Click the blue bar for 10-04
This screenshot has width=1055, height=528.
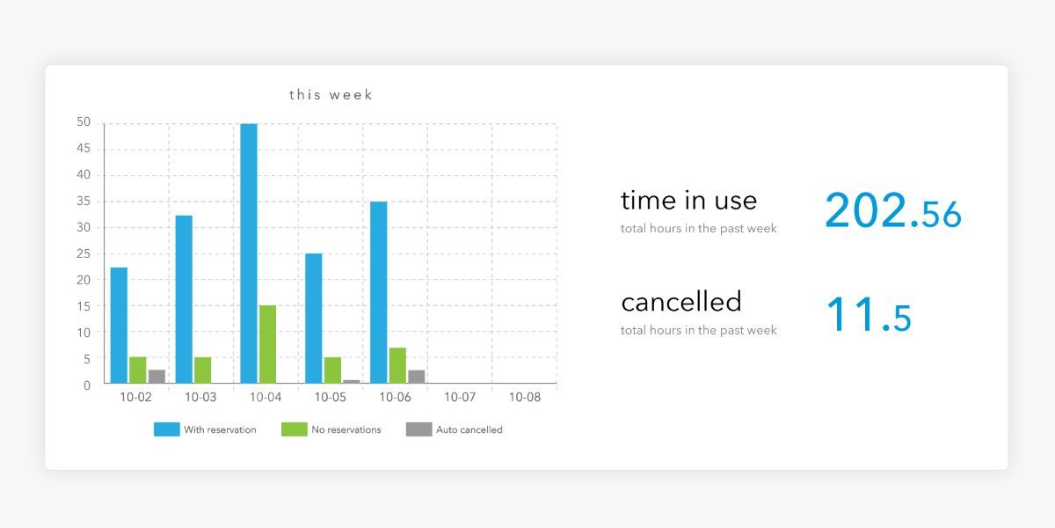point(249,253)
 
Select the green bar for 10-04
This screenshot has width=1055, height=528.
point(267,344)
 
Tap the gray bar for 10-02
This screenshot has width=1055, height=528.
point(156,377)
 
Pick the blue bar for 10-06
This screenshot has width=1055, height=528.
point(379,292)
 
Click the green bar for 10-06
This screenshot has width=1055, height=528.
point(397,365)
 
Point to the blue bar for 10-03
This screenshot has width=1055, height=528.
point(184,299)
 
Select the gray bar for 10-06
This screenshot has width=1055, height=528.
point(417,377)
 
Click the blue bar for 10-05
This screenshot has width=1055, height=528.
point(314,319)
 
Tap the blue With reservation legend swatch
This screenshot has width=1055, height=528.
point(167,429)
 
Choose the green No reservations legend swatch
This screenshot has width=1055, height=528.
point(295,429)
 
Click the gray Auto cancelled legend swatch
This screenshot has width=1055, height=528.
point(419,429)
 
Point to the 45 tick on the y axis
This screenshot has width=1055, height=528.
point(84,149)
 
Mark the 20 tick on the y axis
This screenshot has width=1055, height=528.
point(84,280)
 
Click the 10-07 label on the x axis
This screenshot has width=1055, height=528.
point(460,398)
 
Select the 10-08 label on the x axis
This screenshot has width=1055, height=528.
point(525,398)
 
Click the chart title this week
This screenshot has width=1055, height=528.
point(331,95)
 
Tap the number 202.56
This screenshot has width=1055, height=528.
point(893,210)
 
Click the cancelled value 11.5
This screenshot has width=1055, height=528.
point(869,314)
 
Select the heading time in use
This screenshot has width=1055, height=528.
point(688,201)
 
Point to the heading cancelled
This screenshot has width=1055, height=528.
point(681,302)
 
